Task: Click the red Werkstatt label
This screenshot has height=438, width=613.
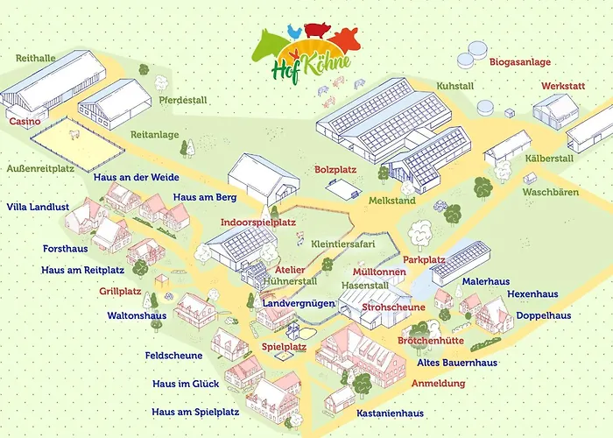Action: click(x=564, y=88)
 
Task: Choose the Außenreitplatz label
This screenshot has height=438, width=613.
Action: click(x=39, y=166)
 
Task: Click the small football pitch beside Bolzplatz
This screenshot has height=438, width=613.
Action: click(x=343, y=187)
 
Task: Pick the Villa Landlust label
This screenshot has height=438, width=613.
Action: click(x=38, y=207)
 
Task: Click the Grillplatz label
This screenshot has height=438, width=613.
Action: click(x=121, y=290)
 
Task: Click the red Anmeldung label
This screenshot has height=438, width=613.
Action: click(x=438, y=383)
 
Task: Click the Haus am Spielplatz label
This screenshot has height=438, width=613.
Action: click(x=195, y=411)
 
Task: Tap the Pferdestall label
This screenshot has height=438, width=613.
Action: click(x=183, y=100)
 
